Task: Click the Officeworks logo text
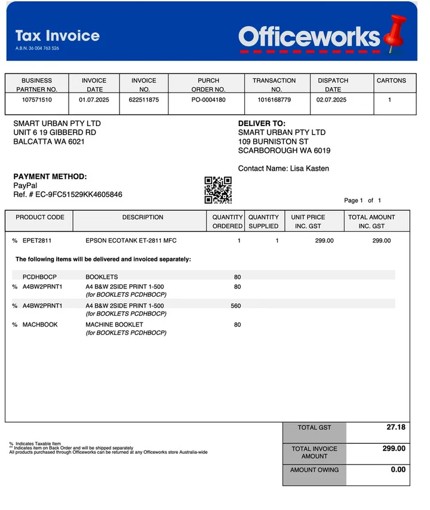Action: point(309,37)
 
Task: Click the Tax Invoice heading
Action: point(57,35)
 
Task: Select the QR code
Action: point(218,190)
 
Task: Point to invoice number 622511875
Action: point(144,100)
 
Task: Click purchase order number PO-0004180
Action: point(208,100)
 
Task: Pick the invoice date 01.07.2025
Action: point(94,100)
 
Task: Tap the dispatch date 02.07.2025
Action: point(332,100)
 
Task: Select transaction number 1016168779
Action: point(274,100)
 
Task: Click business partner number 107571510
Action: point(37,100)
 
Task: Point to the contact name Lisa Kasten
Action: point(309,168)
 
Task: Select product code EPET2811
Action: point(37,241)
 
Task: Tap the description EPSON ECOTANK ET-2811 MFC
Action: point(131,241)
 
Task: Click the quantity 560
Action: point(235,306)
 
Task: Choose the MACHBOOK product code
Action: point(40,325)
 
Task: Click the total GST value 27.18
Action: point(395,428)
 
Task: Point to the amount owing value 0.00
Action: point(398,469)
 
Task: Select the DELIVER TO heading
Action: point(262,124)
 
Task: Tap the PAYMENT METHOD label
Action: point(50,177)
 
